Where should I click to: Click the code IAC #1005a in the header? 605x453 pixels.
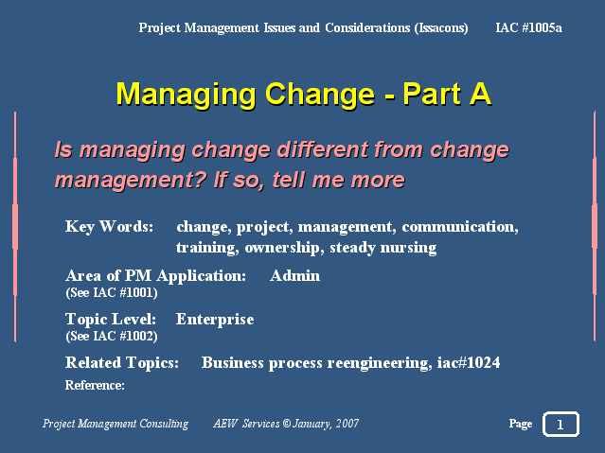pos(528,27)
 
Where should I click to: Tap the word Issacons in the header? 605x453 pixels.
pos(441,28)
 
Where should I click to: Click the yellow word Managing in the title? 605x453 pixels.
pos(186,95)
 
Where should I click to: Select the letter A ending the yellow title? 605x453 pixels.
pos(480,94)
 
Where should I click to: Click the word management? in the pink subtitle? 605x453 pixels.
pos(131,181)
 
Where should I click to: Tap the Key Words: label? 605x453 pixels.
pos(109,226)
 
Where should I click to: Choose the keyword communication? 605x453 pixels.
pos(460,227)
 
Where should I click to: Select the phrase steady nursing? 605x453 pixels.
pos(383,248)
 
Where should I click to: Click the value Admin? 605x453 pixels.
pos(294,275)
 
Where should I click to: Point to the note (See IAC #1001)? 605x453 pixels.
pos(112,292)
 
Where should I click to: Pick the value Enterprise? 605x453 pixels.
pos(215,320)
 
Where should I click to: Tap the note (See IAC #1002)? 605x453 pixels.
pos(112,336)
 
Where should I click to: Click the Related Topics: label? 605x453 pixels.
pos(122,363)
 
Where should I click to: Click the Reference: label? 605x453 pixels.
pos(95,385)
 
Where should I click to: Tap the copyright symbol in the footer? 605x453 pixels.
pos(286,424)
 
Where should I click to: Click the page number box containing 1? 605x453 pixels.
pos(561,424)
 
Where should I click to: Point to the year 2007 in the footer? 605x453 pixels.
pos(347,424)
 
